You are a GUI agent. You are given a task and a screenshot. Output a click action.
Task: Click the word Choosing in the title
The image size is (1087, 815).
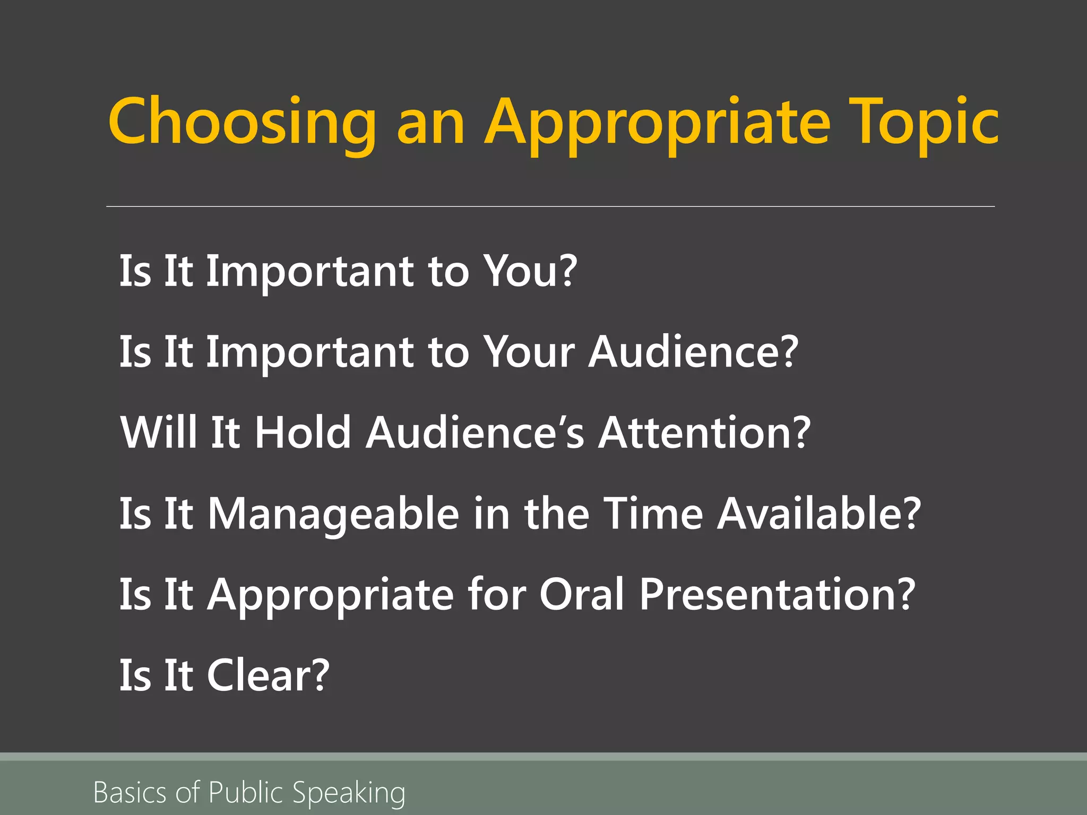click(x=242, y=123)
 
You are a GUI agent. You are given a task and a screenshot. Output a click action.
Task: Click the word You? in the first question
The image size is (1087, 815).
click(x=531, y=271)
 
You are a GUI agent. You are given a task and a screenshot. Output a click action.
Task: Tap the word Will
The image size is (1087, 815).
click(x=158, y=432)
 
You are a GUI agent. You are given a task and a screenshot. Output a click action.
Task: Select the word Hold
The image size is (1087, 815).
click(x=303, y=432)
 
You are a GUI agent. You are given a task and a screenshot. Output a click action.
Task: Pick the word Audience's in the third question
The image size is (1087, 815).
click(x=475, y=432)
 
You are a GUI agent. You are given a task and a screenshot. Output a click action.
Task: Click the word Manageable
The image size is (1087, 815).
click(x=333, y=514)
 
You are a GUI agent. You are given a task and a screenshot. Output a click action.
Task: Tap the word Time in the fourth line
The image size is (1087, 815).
click(x=653, y=514)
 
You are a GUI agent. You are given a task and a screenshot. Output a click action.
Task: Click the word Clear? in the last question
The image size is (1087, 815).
click(x=268, y=675)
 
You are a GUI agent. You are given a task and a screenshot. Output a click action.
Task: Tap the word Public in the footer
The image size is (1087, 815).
click(x=246, y=792)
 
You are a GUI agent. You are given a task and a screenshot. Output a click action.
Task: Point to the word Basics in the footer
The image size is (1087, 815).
click(x=130, y=792)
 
